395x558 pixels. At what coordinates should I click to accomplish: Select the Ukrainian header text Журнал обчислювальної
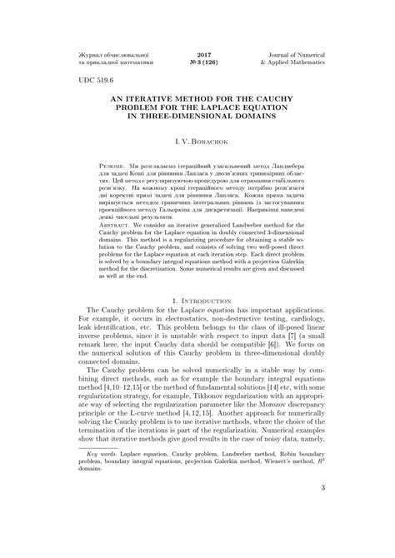(107, 52)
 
